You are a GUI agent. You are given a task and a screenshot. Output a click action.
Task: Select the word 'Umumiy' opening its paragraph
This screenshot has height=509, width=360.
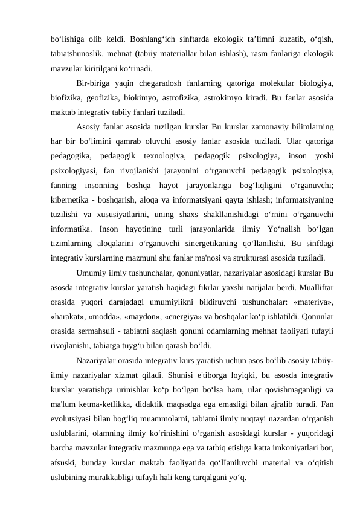click(93, 273)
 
